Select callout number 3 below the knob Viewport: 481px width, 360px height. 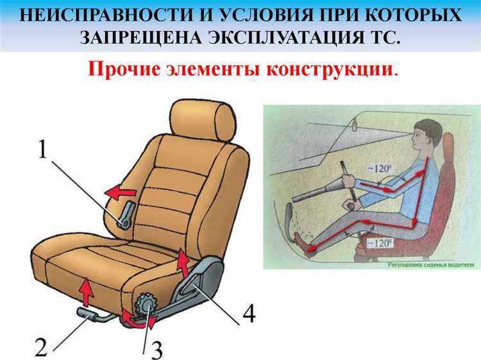156,348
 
